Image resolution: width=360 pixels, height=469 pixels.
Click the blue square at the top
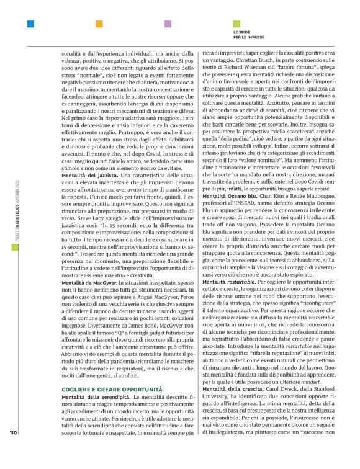(30, 24)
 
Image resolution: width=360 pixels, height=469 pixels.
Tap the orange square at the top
(99, 24)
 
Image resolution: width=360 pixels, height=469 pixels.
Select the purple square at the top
(168, 24)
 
